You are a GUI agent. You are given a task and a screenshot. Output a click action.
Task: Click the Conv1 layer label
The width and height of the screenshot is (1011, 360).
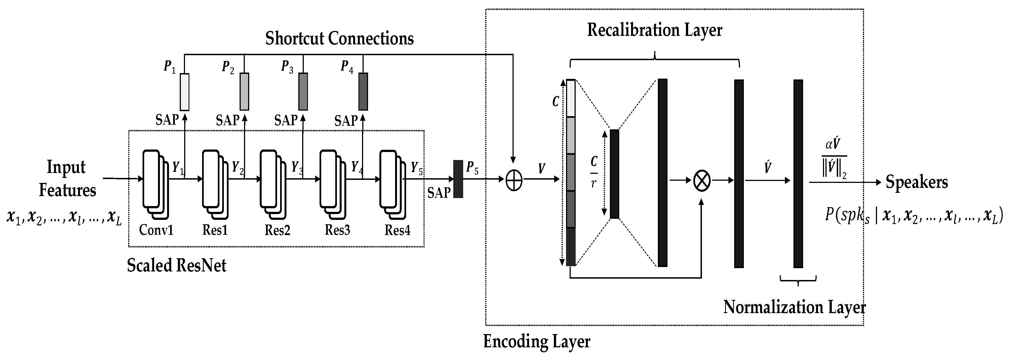tap(156, 230)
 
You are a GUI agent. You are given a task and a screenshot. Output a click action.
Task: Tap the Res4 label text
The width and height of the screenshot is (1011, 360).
tap(397, 230)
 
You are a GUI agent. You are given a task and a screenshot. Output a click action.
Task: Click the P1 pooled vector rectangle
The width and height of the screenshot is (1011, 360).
tap(184, 92)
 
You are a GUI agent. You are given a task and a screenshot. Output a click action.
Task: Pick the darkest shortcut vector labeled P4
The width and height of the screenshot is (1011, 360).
tap(363, 92)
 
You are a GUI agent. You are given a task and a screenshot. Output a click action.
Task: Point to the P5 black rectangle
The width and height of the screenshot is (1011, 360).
tap(458, 179)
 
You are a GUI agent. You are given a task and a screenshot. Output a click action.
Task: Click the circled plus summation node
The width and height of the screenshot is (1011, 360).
tap(514, 181)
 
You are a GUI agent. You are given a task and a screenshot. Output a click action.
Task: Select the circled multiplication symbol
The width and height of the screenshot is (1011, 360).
tap(702, 181)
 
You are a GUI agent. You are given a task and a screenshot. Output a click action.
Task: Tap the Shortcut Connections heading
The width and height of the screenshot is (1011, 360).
tap(339, 38)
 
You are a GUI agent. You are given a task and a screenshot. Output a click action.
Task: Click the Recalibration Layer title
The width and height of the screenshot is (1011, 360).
tap(654, 30)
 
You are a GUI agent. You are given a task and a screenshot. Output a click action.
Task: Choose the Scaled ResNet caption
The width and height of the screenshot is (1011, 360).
tap(177, 266)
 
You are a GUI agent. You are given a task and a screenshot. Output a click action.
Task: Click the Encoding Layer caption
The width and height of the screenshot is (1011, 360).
tap(537, 342)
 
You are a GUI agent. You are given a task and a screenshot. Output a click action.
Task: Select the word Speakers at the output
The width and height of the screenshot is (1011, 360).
tap(916, 182)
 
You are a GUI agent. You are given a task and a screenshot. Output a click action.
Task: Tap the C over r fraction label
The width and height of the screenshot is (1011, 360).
tap(594, 172)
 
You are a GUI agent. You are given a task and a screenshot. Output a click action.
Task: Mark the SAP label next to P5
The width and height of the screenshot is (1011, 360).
tap(439, 193)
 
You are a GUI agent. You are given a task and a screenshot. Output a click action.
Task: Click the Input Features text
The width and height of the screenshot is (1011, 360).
tap(67, 179)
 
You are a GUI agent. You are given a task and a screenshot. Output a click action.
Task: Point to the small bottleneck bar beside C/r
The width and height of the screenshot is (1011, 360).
tap(614, 174)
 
